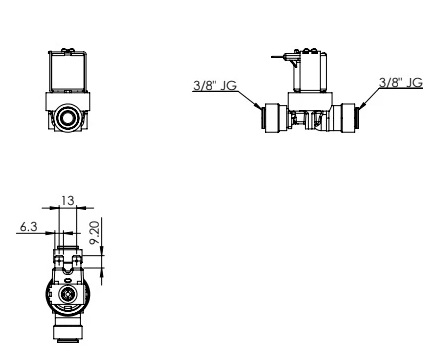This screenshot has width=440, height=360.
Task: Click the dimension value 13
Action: tap(67, 201)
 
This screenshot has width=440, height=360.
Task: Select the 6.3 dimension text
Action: tap(28, 227)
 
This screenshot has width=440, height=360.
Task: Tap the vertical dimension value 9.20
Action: tap(95, 233)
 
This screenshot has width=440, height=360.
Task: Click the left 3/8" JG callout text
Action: tap(215, 85)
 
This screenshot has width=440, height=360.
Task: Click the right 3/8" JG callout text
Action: tap(401, 83)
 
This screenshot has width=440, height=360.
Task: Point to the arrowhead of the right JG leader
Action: tap(362, 105)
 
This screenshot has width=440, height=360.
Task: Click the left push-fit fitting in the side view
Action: tap(275, 118)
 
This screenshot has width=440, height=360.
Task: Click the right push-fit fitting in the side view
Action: tap(345, 118)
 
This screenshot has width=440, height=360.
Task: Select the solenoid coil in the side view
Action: tap(310, 71)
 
